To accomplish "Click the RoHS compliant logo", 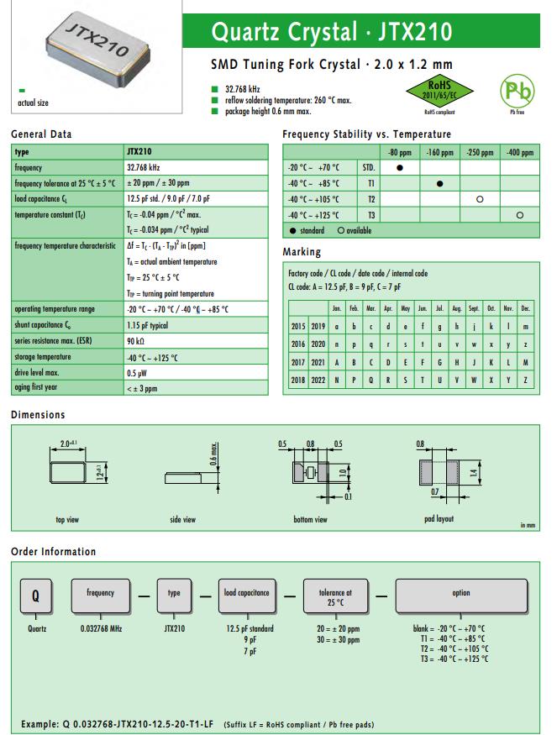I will click(440, 92).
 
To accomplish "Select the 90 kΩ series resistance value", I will click(135, 341).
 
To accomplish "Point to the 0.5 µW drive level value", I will click(138, 373).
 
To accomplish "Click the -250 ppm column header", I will click(479, 152).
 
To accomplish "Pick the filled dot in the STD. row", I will click(401, 168).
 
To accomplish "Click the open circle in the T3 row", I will click(519, 216).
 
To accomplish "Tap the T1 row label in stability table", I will click(370, 184).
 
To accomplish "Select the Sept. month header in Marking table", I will click(474, 308).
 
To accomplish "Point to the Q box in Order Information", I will click(35, 596).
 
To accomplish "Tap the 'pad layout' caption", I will click(439, 519).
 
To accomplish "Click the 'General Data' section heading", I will click(41, 134).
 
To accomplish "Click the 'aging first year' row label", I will click(38, 389).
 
